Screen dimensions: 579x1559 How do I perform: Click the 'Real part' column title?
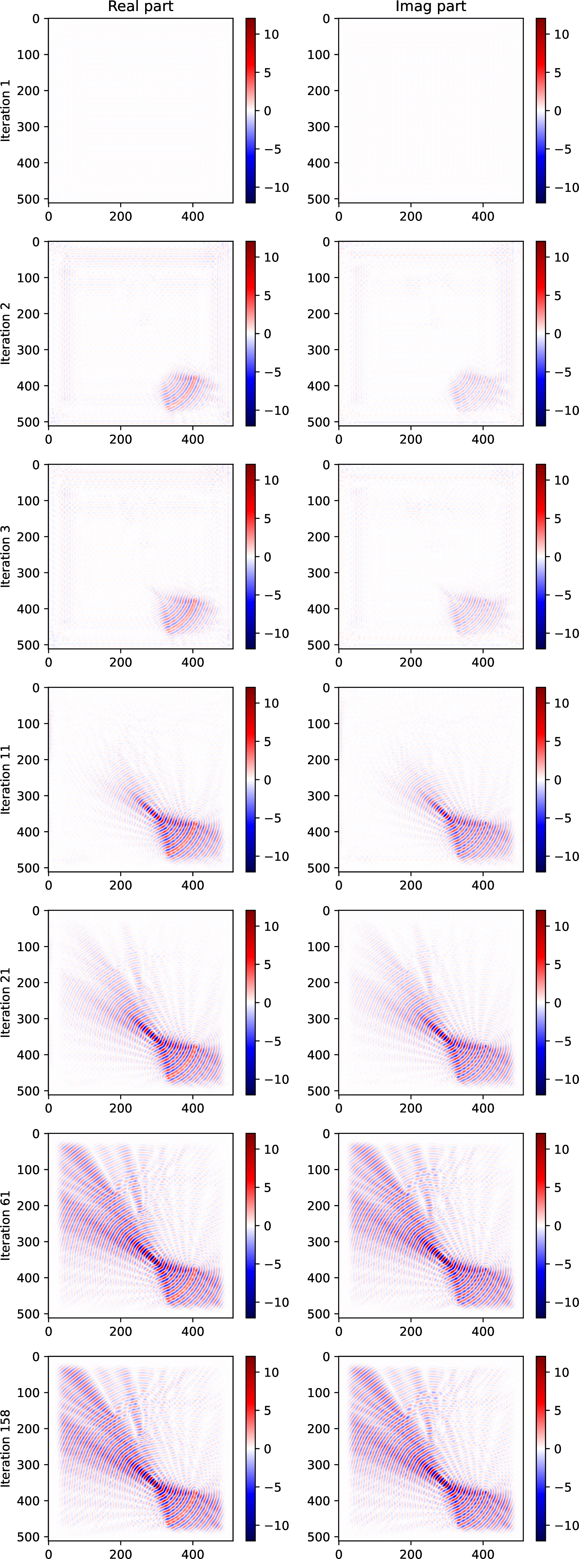coord(140,7)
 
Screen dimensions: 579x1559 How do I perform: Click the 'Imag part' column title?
coord(431,7)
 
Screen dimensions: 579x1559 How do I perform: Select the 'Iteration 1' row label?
coord(6,110)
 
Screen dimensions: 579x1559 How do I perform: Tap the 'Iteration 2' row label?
coord(6,333)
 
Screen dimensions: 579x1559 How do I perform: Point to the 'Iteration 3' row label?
coord(6,556)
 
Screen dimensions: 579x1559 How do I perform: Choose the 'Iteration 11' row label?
coord(6,780)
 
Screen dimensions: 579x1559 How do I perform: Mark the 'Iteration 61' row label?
coord(6,1226)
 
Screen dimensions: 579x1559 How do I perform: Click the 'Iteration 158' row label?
coord(6,1448)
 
